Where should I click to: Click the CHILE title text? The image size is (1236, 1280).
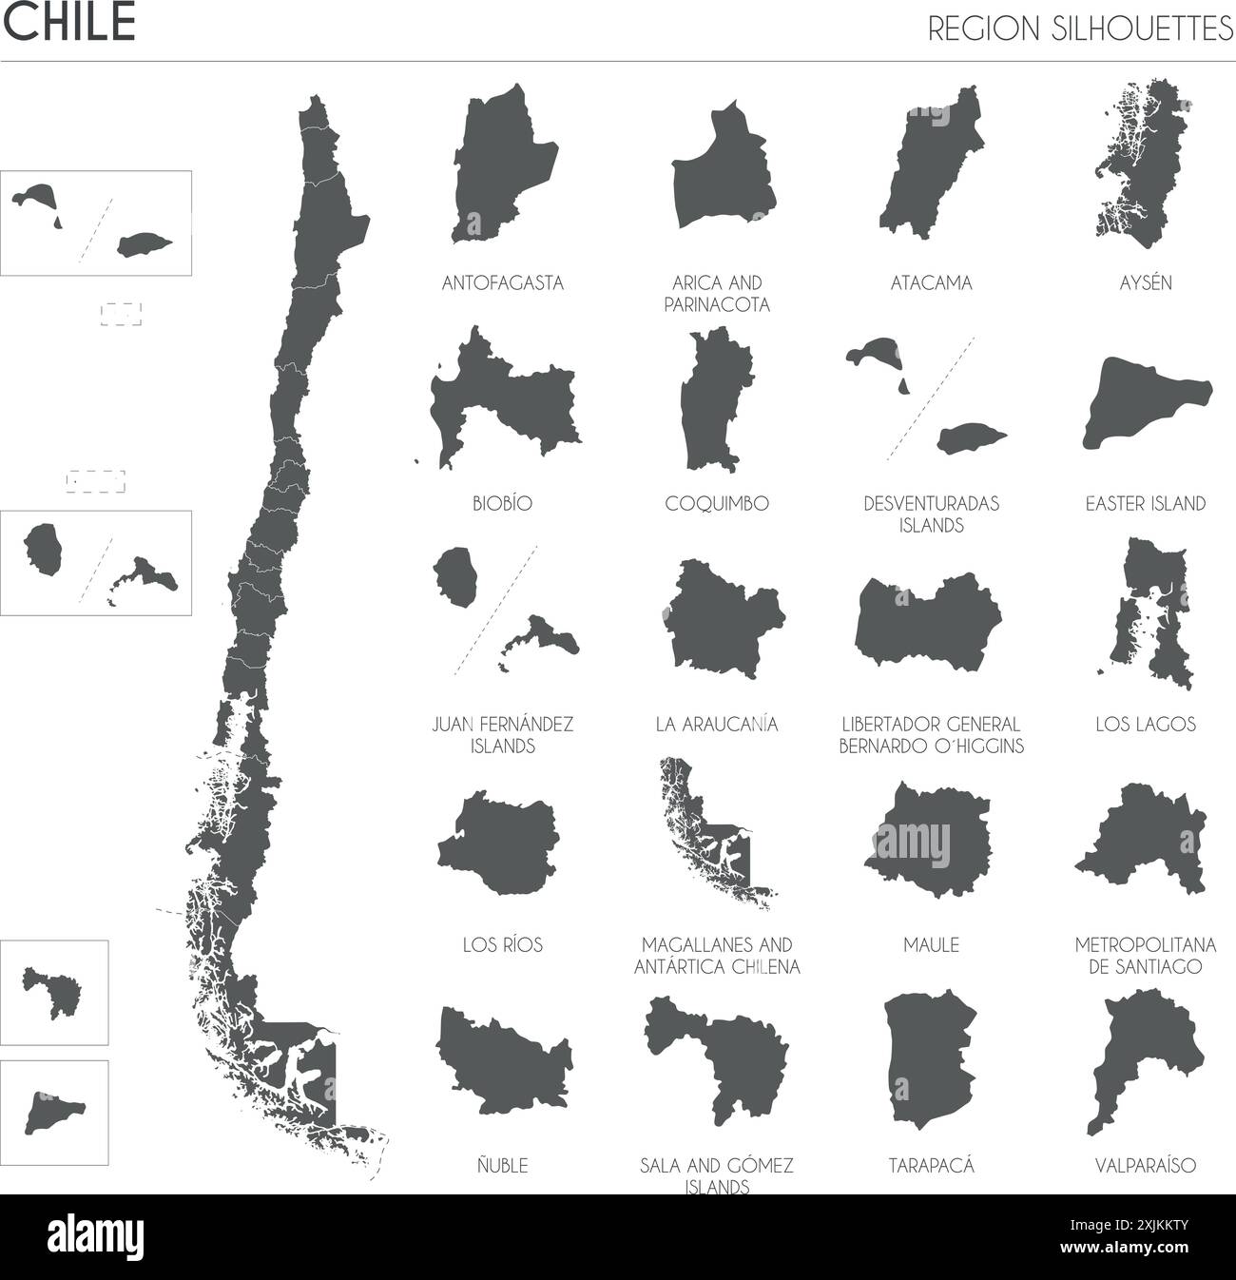69,24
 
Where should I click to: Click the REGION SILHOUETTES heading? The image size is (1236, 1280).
1079,29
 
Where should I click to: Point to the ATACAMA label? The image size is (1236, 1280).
931,282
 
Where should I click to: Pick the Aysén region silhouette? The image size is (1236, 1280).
1141,162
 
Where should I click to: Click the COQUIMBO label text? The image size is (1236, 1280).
717,503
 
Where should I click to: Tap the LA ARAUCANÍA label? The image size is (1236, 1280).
717,724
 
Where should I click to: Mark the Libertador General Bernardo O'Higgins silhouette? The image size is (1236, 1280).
927,623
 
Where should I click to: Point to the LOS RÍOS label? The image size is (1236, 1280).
503,944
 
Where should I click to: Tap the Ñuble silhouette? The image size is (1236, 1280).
504,1060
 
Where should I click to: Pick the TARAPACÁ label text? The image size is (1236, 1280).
931,1165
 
